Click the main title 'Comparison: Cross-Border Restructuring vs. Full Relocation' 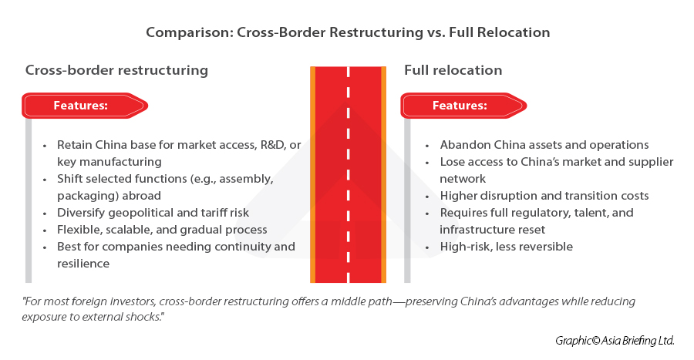coord(348,33)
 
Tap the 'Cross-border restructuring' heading coord(116,70)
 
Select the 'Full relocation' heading coord(453,70)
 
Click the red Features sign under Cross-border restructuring coord(83,105)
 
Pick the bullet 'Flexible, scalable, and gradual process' coord(162,230)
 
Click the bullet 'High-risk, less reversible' coord(506,247)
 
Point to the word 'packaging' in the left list coord(88,196)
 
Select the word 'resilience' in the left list coord(83,264)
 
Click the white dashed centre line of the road coord(348,177)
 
